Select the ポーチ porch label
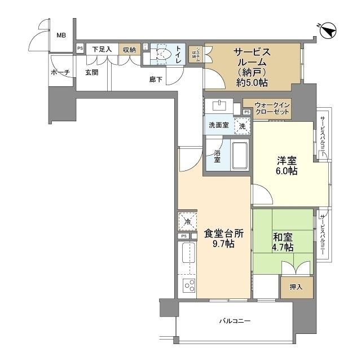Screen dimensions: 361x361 (x=60, y=73)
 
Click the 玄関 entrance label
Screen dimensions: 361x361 (x=92, y=73)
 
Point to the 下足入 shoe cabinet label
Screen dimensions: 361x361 (x=102, y=50)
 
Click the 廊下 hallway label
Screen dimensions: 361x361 (x=156, y=80)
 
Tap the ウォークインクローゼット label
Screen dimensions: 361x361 (x=272, y=108)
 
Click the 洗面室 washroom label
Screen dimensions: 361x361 (x=219, y=125)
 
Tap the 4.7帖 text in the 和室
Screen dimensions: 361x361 (x=281, y=247)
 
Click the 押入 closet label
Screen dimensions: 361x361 (x=296, y=287)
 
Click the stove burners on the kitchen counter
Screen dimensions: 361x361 (x=188, y=285)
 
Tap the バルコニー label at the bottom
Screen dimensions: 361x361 (x=235, y=322)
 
